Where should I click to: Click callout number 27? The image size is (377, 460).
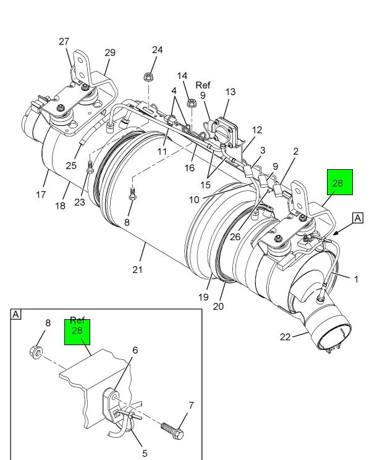pos(64,41)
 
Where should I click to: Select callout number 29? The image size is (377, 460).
pos(110,52)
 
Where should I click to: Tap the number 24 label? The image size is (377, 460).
pos(157,49)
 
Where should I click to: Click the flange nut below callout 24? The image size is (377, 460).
pos(148,77)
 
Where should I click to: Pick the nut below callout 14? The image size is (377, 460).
pos(191,103)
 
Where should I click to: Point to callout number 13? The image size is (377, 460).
pos(231,92)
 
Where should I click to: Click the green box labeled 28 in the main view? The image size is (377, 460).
pos(340,182)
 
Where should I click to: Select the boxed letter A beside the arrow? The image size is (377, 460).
pos(358,218)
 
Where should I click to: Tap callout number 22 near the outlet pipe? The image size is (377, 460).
pos(285,337)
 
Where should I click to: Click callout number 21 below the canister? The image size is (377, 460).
pos(137,269)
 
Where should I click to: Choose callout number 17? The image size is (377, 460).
pos(41,194)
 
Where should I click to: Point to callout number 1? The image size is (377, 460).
pos(356,279)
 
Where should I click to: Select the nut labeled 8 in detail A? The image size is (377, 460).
pos(36,352)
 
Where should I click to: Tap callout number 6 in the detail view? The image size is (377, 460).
pos(135,350)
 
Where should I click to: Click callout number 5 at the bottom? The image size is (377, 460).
pos(145,453)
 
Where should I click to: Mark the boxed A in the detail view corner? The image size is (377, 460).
pos(15,314)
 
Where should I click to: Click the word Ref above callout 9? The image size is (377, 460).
pos(203,85)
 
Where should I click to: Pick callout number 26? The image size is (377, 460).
pos(235,236)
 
